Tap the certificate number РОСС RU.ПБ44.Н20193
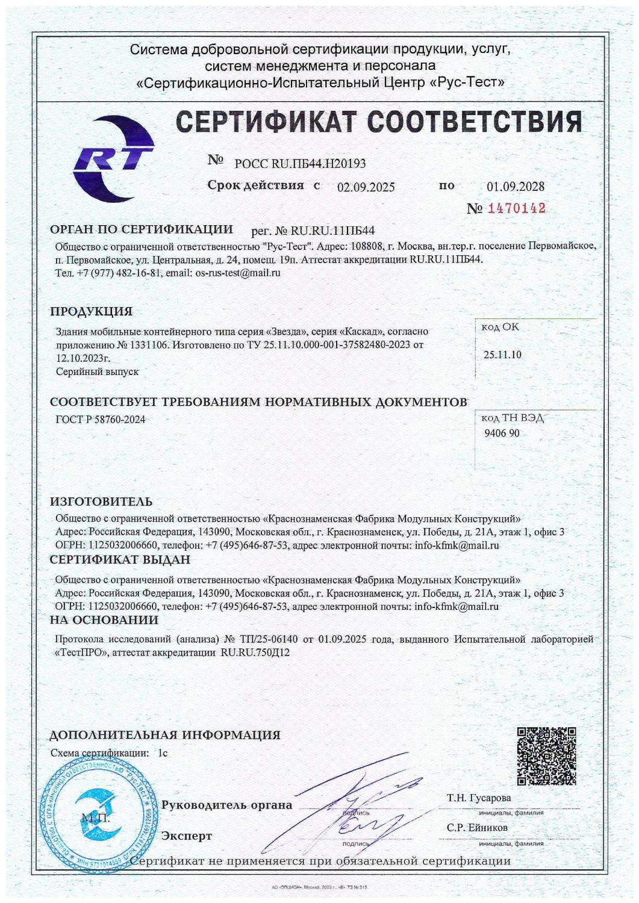tap(300, 163)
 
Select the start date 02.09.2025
tap(366, 187)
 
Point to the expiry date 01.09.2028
tap(515, 187)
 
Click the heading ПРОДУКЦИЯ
tap(91, 312)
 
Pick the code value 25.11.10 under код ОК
tap(502, 355)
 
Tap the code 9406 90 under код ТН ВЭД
tap(502, 433)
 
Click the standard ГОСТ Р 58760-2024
tap(100, 419)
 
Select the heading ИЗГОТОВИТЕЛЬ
tap(101, 501)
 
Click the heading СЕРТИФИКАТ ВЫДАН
tap(120, 560)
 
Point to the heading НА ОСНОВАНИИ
tap(104, 619)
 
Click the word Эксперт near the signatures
tap(187, 836)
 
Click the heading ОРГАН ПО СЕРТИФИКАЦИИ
tap(141, 229)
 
